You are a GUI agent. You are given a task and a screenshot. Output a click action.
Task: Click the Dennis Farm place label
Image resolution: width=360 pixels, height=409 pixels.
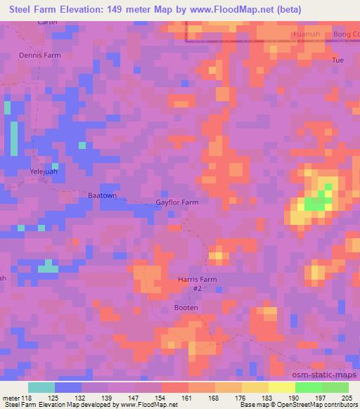[x=41, y=54]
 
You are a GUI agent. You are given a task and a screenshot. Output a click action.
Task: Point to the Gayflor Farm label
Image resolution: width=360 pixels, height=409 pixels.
[x=176, y=202]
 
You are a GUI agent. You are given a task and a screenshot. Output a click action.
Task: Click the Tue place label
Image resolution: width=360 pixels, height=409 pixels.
[x=337, y=60]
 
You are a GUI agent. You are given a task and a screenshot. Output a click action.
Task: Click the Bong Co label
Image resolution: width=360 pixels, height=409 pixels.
[x=344, y=34]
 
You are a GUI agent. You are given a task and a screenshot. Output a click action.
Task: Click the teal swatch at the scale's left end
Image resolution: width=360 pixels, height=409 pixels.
[x=41, y=387]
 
